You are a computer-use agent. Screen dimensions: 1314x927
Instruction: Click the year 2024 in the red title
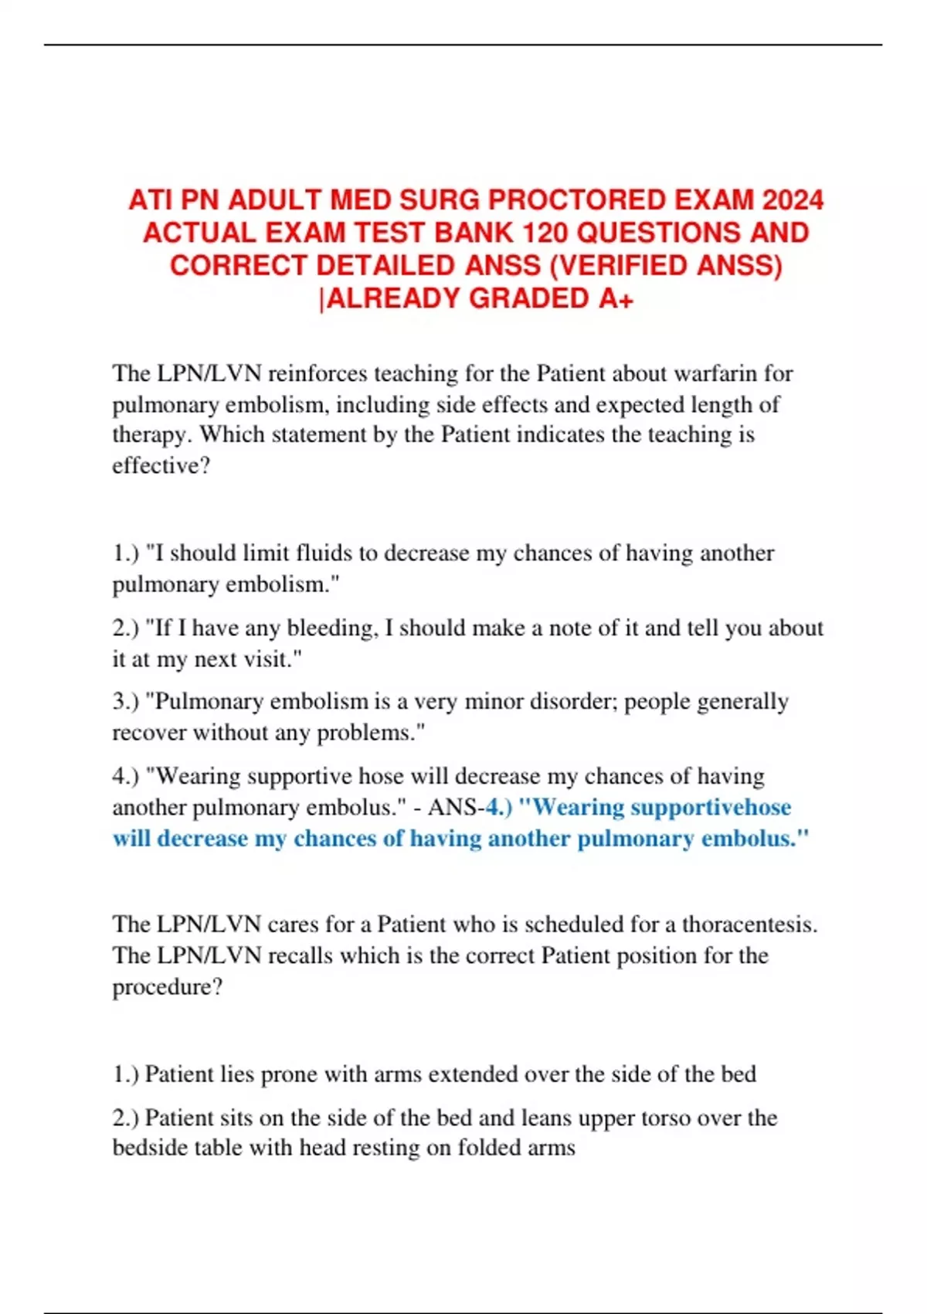[x=793, y=200]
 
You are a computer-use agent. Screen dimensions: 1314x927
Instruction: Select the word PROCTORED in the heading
[x=577, y=200]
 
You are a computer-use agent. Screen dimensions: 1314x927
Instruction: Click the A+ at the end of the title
[x=616, y=298]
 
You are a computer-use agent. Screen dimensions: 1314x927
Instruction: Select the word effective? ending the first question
[x=161, y=465]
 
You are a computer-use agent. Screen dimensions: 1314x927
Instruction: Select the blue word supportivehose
[x=711, y=808]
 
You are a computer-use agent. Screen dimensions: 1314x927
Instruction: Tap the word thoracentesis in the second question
[x=749, y=924]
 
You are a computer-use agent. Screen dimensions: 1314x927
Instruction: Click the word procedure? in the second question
[x=167, y=987]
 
